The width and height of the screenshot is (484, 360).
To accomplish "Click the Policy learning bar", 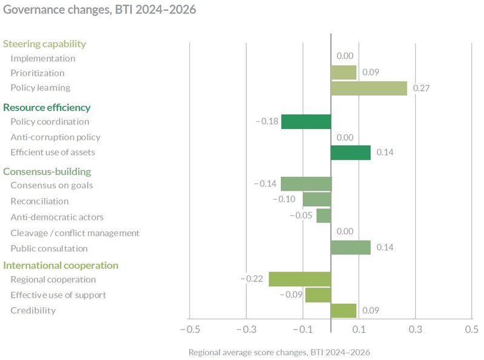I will point(368,88).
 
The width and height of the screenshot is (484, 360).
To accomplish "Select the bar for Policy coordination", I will point(306,122).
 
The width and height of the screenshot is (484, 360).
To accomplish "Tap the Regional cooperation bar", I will point(299,279).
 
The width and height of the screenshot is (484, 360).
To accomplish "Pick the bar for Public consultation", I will point(350,247).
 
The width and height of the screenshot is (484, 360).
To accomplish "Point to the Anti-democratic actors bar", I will point(324,216).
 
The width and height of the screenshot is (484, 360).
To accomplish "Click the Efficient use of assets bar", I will point(350,152).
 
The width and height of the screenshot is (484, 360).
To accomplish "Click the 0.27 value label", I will point(421,88).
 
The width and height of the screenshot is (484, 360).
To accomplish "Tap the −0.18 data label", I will point(266,122).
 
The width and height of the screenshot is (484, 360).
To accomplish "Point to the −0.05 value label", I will point(301,216).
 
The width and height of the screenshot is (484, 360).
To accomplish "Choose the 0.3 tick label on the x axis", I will point(415,330).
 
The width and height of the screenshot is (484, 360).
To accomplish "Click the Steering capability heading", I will point(44,44).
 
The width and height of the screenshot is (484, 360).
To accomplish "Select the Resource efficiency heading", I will point(47,108).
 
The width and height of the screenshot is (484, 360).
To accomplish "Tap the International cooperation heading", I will point(60,265).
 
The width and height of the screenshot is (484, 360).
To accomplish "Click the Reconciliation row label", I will point(39,201).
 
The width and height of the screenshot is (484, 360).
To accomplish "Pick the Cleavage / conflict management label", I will point(75,233).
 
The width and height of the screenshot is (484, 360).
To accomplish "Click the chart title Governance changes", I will point(99,10).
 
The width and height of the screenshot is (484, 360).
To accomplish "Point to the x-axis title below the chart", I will point(279,352).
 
